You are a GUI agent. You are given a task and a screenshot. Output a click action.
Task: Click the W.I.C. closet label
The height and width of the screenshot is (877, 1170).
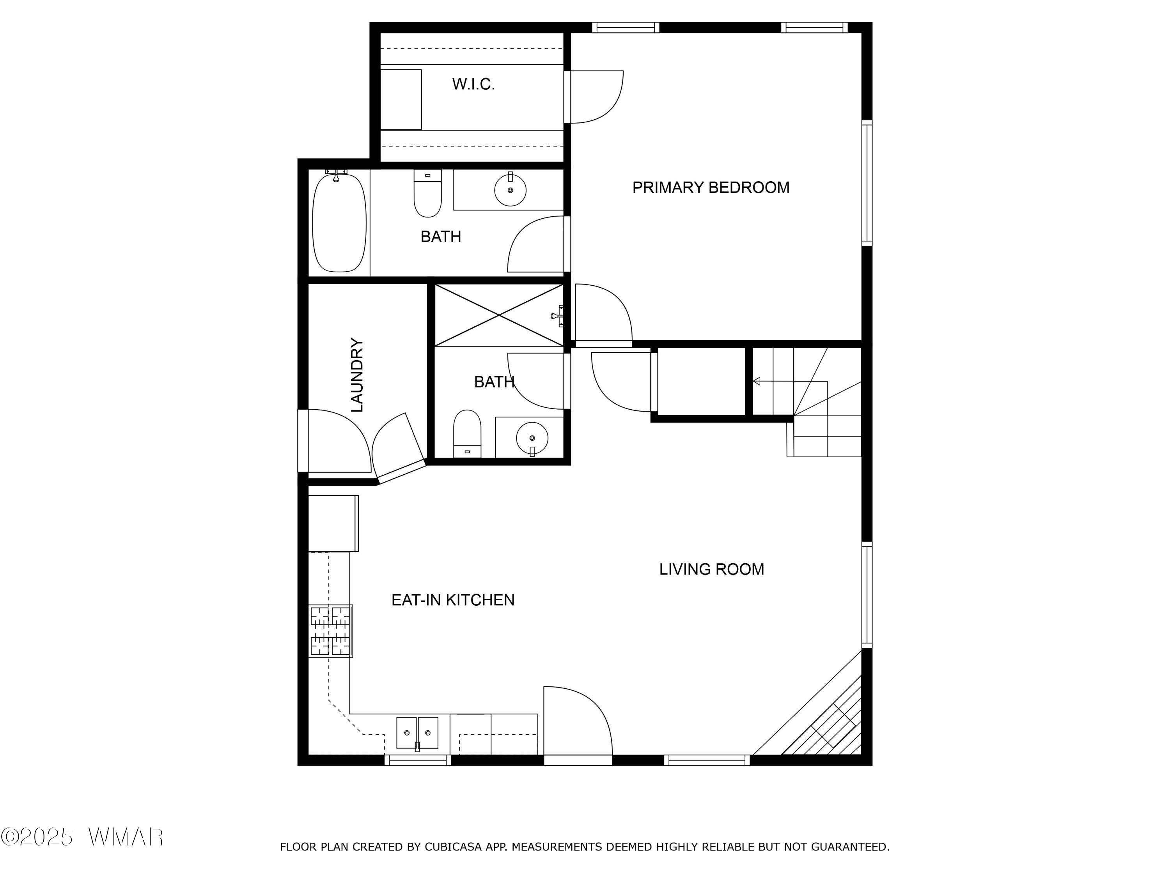(473, 84)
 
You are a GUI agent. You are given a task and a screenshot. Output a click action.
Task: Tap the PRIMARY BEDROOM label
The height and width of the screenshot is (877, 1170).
(711, 187)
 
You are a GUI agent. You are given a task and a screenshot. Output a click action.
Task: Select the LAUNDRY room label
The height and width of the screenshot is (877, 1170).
(358, 375)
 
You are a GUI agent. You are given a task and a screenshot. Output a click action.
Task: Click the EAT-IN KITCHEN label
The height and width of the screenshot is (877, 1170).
(453, 600)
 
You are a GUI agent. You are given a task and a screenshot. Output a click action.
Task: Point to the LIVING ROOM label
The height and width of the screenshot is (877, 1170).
(711, 569)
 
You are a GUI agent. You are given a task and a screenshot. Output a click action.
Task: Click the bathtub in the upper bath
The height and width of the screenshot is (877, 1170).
(339, 222)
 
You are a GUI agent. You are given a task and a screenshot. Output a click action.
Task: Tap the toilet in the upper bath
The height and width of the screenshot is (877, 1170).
(427, 193)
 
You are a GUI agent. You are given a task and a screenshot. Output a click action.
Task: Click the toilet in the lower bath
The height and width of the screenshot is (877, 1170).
(467, 433)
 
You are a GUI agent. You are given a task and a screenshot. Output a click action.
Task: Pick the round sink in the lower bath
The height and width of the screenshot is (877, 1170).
(532, 438)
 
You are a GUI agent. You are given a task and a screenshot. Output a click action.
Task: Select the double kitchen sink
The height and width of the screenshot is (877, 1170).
(417, 733)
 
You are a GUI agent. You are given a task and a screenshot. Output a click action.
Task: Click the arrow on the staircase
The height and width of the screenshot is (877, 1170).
(790, 381)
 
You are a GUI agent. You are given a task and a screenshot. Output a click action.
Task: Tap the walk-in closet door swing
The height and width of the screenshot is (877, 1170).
(597, 97)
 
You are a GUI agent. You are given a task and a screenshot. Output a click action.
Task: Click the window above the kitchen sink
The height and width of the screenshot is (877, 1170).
(418, 760)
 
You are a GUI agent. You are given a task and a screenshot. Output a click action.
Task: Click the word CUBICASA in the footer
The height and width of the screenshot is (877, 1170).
(453, 847)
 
